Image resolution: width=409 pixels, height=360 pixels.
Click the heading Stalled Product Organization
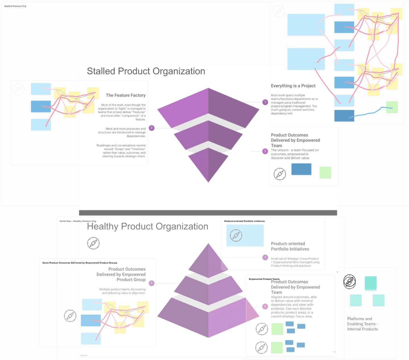click(146, 71)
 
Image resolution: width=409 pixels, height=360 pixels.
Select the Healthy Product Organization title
click(147, 227)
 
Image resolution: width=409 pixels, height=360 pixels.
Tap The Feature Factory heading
click(125, 95)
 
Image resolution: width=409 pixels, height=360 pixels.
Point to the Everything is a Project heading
click(293, 86)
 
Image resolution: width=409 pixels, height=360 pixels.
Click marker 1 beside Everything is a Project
click(265, 102)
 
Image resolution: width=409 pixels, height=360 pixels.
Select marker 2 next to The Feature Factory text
click(152, 128)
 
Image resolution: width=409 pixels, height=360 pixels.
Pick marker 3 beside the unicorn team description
click(265, 151)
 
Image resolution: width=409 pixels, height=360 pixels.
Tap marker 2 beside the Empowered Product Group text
click(152, 283)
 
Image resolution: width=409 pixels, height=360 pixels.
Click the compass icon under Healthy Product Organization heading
click(93, 243)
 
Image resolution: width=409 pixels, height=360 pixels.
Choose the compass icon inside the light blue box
click(236, 236)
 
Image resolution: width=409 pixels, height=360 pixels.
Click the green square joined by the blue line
click(392, 107)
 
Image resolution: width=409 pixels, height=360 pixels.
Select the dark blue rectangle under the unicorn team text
click(301, 169)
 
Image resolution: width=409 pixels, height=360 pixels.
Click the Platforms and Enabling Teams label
click(362, 324)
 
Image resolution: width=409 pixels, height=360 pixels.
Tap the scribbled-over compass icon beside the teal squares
click(350, 282)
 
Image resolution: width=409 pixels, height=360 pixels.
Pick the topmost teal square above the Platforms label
click(371, 283)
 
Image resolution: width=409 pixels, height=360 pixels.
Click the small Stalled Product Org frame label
click(15, 6)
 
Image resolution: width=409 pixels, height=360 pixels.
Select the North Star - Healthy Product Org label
click(78, 221)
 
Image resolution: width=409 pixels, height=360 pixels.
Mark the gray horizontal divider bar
click(208, 213)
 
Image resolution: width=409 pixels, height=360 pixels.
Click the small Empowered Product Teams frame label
click(264, 279)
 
